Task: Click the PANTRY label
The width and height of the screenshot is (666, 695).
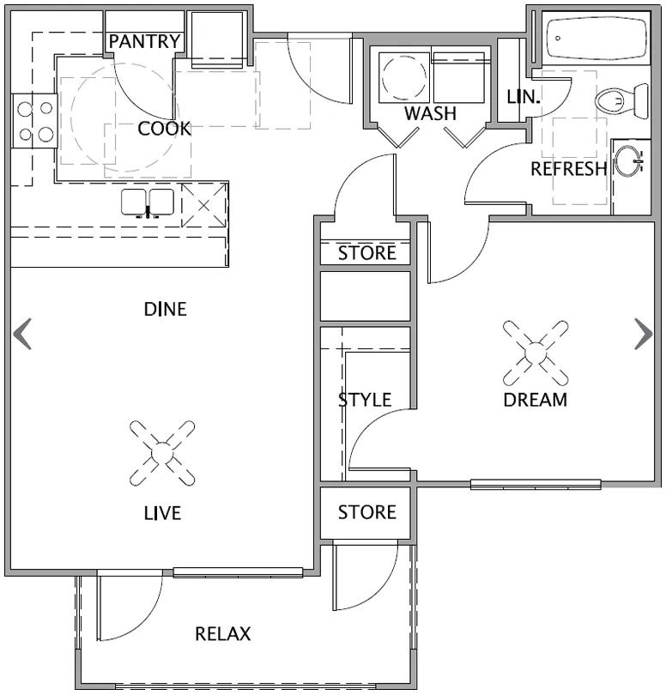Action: tap(145, 41)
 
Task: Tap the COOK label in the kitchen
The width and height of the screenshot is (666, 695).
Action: tap(164, 129)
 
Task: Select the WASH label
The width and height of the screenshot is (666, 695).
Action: tap(430, 113)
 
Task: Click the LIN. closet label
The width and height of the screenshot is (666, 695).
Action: tap(524, 97)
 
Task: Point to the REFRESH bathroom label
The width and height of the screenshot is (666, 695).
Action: tap(568, 168)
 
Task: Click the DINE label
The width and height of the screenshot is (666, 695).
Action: tap(165, 309)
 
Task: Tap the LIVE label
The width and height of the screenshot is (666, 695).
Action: tap(162, 513)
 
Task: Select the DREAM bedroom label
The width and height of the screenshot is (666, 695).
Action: tap(536, 399)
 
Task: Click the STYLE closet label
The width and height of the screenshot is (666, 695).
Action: tap(365, 400)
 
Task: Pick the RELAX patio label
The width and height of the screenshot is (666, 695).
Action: tap(223, 634)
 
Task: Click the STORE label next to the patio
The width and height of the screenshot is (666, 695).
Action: tap(366, 512)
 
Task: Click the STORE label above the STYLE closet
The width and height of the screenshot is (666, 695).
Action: tap(366, 253)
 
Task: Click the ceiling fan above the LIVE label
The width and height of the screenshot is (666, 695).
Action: tap(162, 452)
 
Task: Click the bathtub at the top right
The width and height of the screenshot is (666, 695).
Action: tap(597, 39)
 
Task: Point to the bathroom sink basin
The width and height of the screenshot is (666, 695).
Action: tap(628, 160)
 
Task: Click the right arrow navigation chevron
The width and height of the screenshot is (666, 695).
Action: tap(643, 334)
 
